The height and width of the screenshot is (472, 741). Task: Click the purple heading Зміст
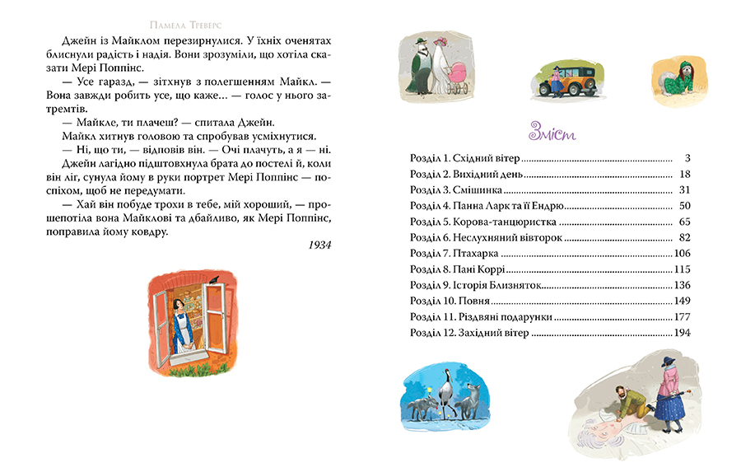tap(550, 133)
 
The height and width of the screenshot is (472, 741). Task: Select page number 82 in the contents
tap(682, 237)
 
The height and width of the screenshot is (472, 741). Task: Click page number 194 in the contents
tap(679, 334)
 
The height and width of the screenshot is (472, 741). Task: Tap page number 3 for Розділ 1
tap(686, 157)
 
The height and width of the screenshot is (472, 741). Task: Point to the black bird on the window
tap(213, 282)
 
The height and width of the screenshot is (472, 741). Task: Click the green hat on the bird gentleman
tap(420, 41)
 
